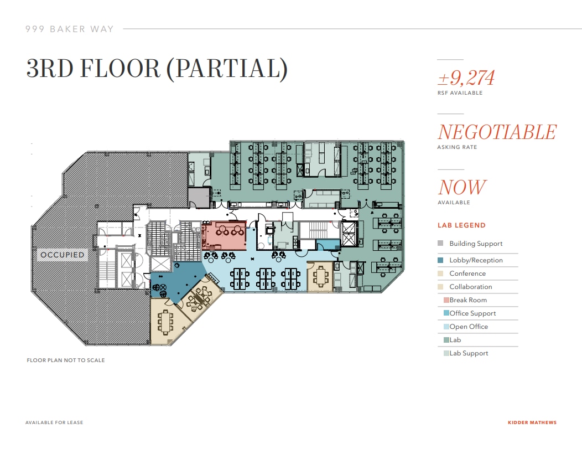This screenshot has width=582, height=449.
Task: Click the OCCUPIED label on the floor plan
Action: (x=63, y=255)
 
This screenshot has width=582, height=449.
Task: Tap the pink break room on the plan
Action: (x=224, y=236)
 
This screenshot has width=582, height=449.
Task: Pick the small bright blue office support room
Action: (x=327, y=245)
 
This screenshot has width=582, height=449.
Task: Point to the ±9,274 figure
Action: (x=466, y=78)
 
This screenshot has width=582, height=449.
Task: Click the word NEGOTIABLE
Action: (x=497, y=132)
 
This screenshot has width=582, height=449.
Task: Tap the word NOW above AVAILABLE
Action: (x=463, y=188)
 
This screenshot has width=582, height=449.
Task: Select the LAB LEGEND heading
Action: (x=461, y=225)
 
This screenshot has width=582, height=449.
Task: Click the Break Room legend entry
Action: (x=468, y=300)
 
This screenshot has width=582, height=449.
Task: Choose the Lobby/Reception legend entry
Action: (x=476, y=260)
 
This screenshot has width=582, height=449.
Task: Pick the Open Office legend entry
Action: (x=469, y=327)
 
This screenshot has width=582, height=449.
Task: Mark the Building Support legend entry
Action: (x=476, y=244)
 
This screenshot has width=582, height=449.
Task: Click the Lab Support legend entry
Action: (x=469, y=353)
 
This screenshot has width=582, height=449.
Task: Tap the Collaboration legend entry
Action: (x=470, y=287)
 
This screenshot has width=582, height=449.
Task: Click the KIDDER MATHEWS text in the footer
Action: (x=532, y=423)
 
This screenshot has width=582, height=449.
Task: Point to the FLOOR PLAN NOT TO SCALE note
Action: (x=66, y=360)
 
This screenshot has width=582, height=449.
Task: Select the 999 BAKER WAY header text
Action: (x=70, y=29)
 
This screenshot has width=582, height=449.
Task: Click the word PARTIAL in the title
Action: (x=227, y=69)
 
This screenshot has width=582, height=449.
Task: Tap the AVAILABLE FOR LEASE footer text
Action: (x=54, y=423)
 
